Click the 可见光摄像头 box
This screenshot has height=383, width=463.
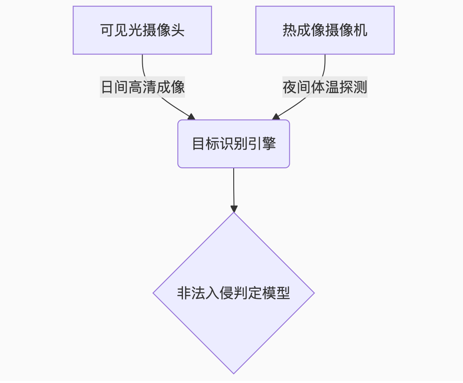[142, 30]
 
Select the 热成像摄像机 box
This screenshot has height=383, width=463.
[325, 30]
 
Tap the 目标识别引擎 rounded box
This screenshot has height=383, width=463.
[234, 144]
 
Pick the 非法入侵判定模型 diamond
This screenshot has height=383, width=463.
[234, 293]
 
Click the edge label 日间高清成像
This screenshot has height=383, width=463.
[143, 87]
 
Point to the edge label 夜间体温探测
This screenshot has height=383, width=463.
[325, 87]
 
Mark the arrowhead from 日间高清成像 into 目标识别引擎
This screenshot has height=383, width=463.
[191, 117]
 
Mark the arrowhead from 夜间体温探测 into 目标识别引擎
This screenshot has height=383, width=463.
[276, 117]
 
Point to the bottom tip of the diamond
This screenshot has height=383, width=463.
[234, 372]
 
